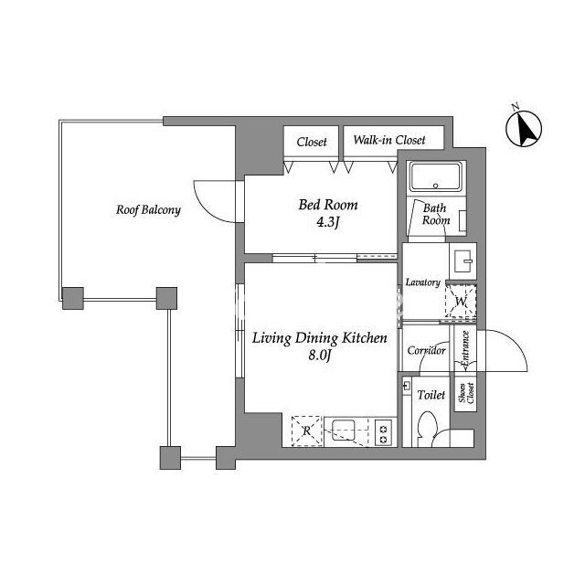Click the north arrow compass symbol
tap(524, 128)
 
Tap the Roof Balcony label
tap(148, 210)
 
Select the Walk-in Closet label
tap(389, 140)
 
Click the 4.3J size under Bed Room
tap(327, 222)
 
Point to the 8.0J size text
tap(320, 356)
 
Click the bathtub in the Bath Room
tap(435, 176)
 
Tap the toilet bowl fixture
tap(427, 429)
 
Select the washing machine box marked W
tap(461, 301)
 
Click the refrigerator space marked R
tap(307, 431)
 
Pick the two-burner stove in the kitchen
tap(384, 431)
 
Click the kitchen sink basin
tap(343, 431)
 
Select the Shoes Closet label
tap(465, 393)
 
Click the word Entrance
tap(465, 348)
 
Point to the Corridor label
tap(426, 350)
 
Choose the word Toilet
tap(431, 395)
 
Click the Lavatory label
tap(422, 282)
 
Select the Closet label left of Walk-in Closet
tap(312, 142)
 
